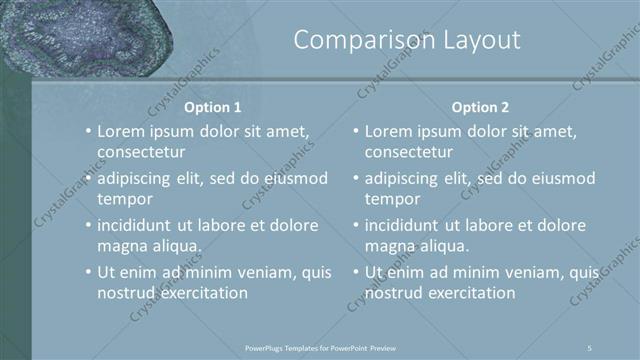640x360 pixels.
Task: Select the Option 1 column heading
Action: pyautogui.click(x=213, y=107)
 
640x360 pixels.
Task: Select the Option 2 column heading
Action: pyautogui.click(x=480, y=107)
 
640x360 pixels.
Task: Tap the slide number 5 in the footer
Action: pyautogui.click(x=590, y=347)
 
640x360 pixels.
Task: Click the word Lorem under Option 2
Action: pyautogui.click(x=389, y=131)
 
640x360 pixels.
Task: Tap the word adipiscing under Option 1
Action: pyautogui.click(x=138, y=178)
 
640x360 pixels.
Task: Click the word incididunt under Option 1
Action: pyautogui.click(x=139, y=225)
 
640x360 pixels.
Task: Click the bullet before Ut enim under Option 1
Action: pyautogui.click(x=88, y=272)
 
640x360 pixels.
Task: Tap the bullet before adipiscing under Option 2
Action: pyautogui.click(x=355, y=178)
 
